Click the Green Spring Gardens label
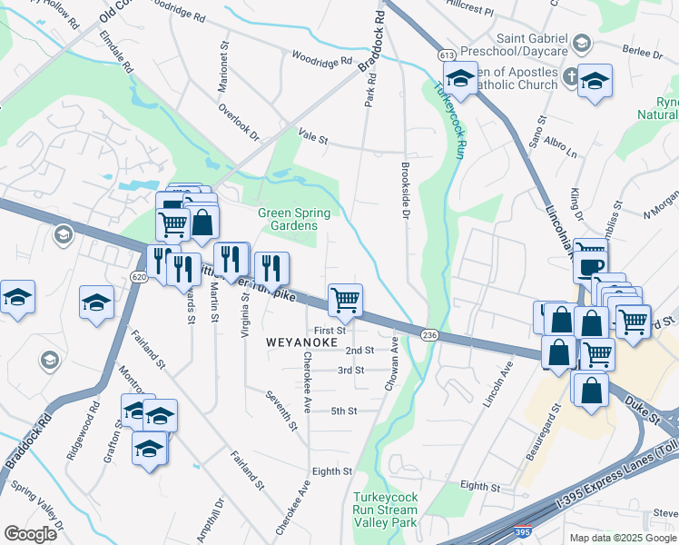294,220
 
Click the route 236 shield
429,335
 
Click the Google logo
30,534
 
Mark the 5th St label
343,411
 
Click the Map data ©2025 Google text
622,538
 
